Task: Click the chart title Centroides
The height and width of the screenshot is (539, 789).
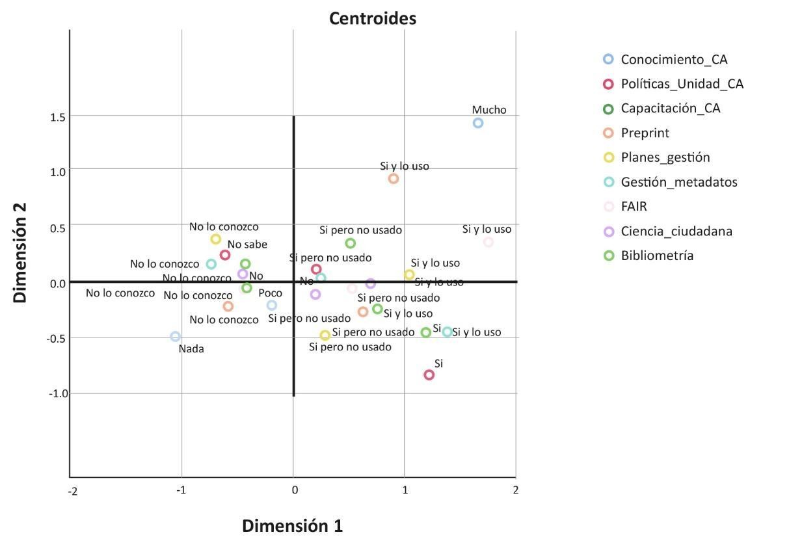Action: point(372,19)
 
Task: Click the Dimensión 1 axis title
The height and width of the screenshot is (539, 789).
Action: point(292,525)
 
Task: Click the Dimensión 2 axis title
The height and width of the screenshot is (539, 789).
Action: point(20,252)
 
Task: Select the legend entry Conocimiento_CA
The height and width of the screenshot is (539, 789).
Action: point(674,59)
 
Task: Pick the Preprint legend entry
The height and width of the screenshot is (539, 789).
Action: point(645,133)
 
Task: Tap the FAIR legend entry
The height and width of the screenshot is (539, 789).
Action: point(634,207)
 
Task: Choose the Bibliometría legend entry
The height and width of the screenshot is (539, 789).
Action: point(657,256)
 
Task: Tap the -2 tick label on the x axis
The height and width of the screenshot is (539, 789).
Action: point(73,491)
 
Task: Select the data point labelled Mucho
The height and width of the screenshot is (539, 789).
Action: point(478,123)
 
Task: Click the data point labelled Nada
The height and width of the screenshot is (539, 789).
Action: point(175,336)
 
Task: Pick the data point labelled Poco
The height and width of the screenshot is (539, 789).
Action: point(272,305)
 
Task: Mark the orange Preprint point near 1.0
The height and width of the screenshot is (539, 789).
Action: point(394,179)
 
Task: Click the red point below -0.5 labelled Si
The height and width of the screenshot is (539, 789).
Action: point(429,375)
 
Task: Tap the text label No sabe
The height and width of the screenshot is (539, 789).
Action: point(247,245)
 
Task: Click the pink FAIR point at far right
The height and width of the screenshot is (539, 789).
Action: point(488,242)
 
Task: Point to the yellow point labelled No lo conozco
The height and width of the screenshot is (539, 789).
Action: point(215,239)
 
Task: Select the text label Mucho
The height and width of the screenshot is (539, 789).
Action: point(489,110)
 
